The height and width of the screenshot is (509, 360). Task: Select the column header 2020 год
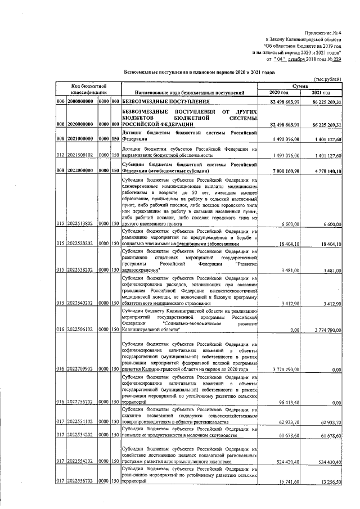click(x=279, y=92)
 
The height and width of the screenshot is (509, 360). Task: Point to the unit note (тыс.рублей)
click(x=328, y=79)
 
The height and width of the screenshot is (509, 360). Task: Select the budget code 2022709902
click(x=83, y=369)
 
